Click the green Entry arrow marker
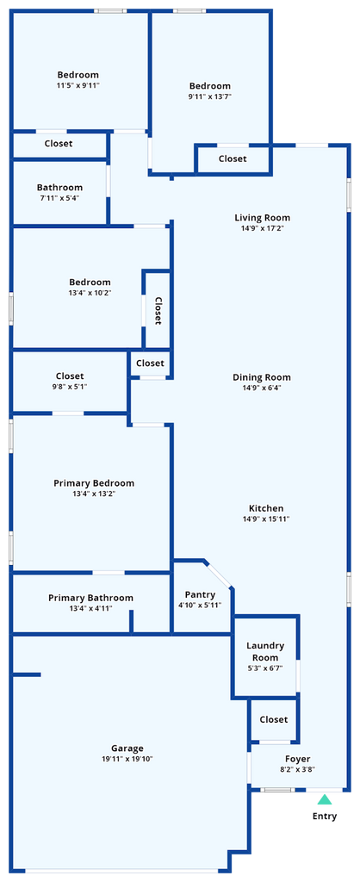click(x=325, y=799)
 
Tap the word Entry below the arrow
click(x=325, y=817)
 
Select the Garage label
click(x=127, y=748)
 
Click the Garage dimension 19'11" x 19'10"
click(x=127, y=759)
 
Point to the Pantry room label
click(x=200, y=594)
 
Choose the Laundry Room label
click(x=265, y=651)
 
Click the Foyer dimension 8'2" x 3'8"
click(x=298, y=770)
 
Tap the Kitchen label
click(x=266, y=508)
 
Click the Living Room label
click(x=262, y=218)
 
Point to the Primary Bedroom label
click(x=94, y=483)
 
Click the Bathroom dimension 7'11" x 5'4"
click(x=59, y=198)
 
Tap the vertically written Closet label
click(x=158, y=311)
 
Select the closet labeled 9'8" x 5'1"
click(x=70, y=381)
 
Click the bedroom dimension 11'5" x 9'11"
click(x=78, y=85)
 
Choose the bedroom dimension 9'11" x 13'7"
click(x=210, y=96)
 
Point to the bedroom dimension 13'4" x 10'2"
click(x=90, y=293)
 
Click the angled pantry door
click(x=218, y=575)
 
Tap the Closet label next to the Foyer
click(x=274, y=719)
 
